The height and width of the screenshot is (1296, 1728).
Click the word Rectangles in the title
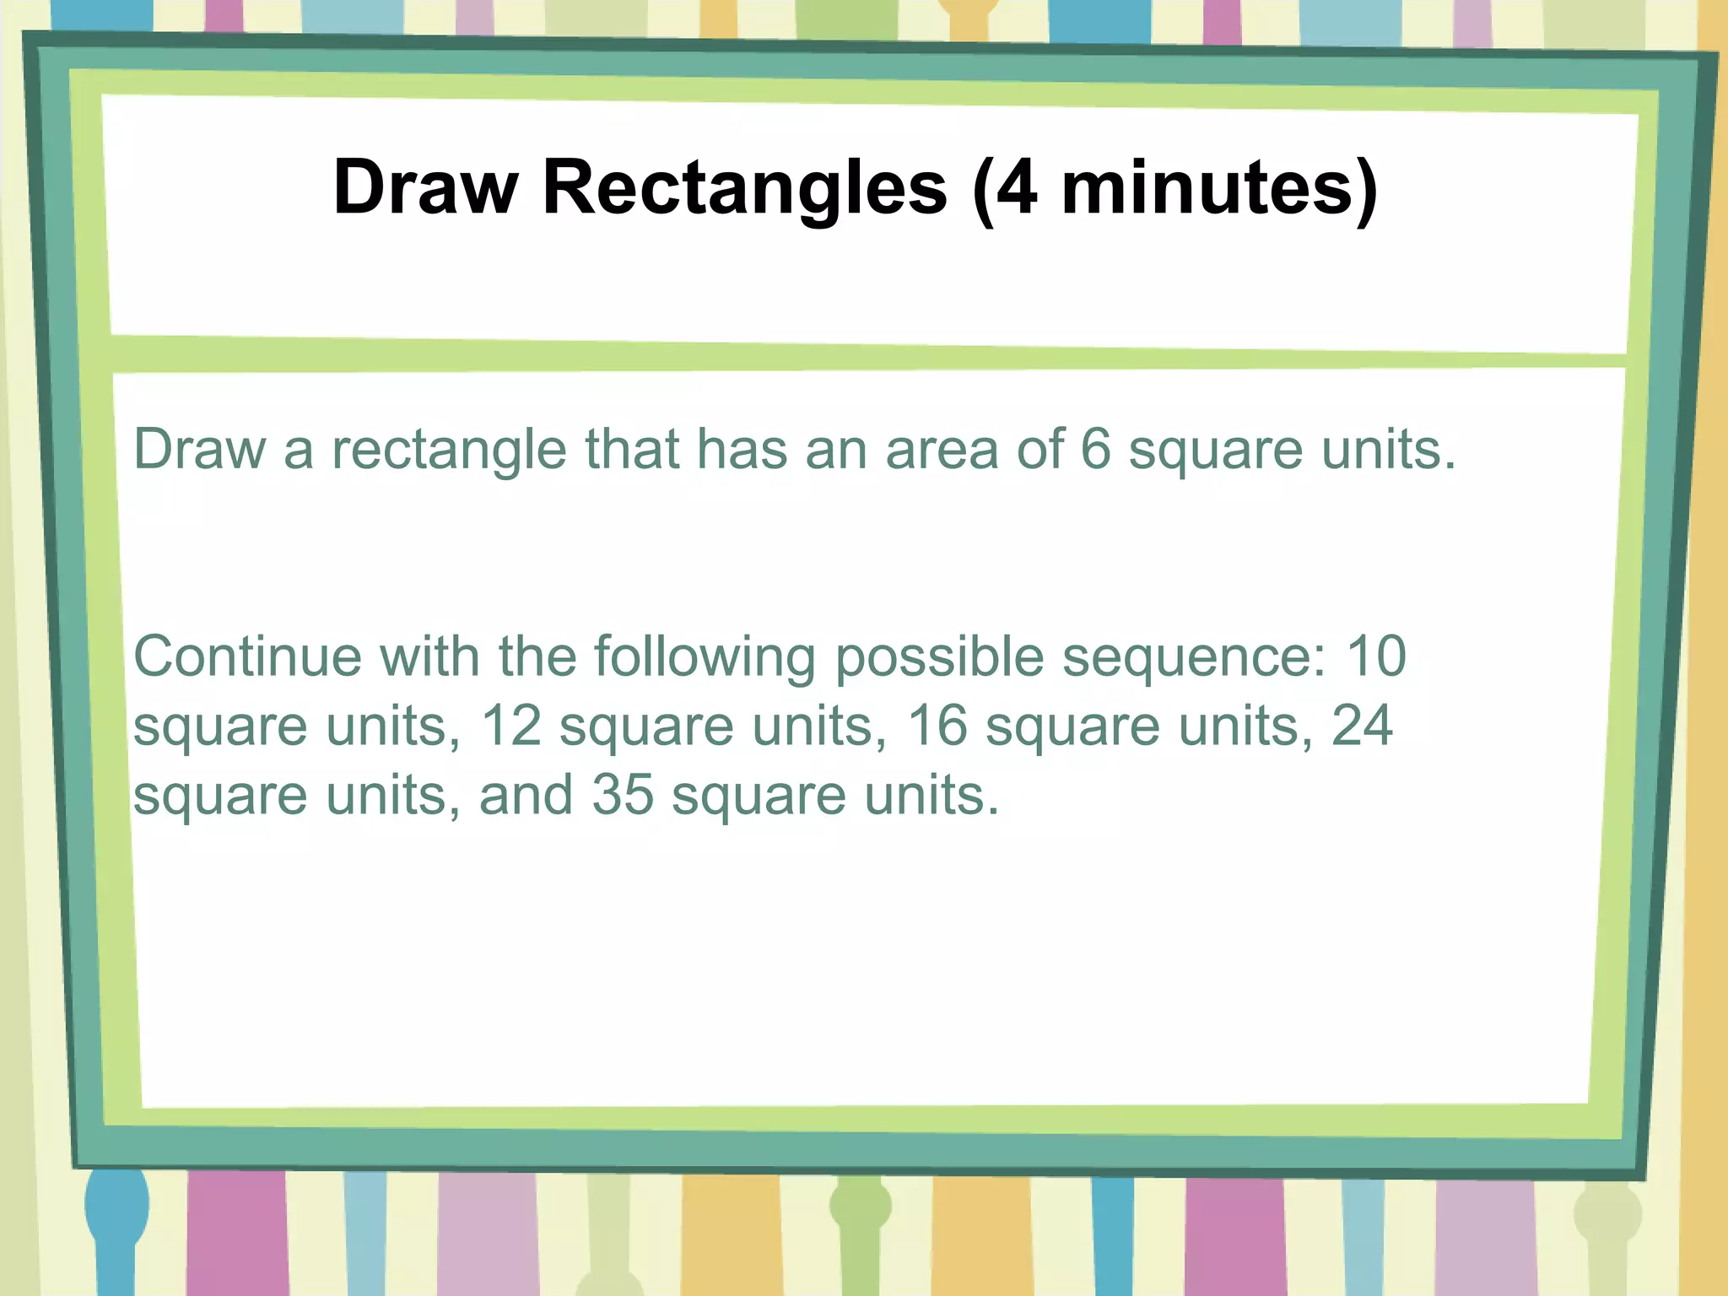[745, 188]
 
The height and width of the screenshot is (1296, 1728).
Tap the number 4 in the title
[1017, 188]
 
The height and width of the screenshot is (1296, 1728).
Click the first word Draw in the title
[425, 188]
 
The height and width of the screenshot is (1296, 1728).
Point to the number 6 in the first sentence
[1095, 449]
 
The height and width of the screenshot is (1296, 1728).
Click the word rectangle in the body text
[449, 450]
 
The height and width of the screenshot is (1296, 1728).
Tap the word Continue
[246, 656]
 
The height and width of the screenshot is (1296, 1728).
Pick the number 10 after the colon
[1376, 656]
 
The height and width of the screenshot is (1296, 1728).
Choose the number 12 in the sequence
[510, 726]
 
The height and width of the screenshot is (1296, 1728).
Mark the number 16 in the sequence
[937, 726]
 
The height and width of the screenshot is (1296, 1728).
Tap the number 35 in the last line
[623, 795]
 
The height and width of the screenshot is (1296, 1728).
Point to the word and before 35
[526, 795]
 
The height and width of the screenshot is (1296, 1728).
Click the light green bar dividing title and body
[869, 355]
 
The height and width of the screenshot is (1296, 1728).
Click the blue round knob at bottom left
[116, 1202]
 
